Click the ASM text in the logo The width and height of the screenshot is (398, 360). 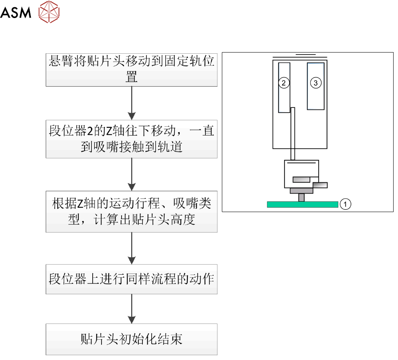(x=16, y=13)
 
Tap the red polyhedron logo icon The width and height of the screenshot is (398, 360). (x=49, y=12)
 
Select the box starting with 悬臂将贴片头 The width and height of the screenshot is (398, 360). (x=131, y=69)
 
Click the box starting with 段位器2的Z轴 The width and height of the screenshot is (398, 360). (x=131, y=139)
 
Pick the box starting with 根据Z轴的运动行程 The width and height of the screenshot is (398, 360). (x=131, y=212)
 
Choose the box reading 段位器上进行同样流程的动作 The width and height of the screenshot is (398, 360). (x=131, y=279)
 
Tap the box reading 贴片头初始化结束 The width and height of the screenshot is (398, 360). (x=131, y=339)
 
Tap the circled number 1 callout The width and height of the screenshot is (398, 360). (x=345, y=204)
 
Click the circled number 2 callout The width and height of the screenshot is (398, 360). (x=284, y=83)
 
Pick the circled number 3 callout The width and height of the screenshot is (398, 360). (x=315, y=83)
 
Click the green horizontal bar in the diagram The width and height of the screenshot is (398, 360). (x=303, y=204)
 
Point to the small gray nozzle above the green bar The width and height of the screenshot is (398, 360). (x=301, y=197)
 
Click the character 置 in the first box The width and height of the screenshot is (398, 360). (x=132, y=77)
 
